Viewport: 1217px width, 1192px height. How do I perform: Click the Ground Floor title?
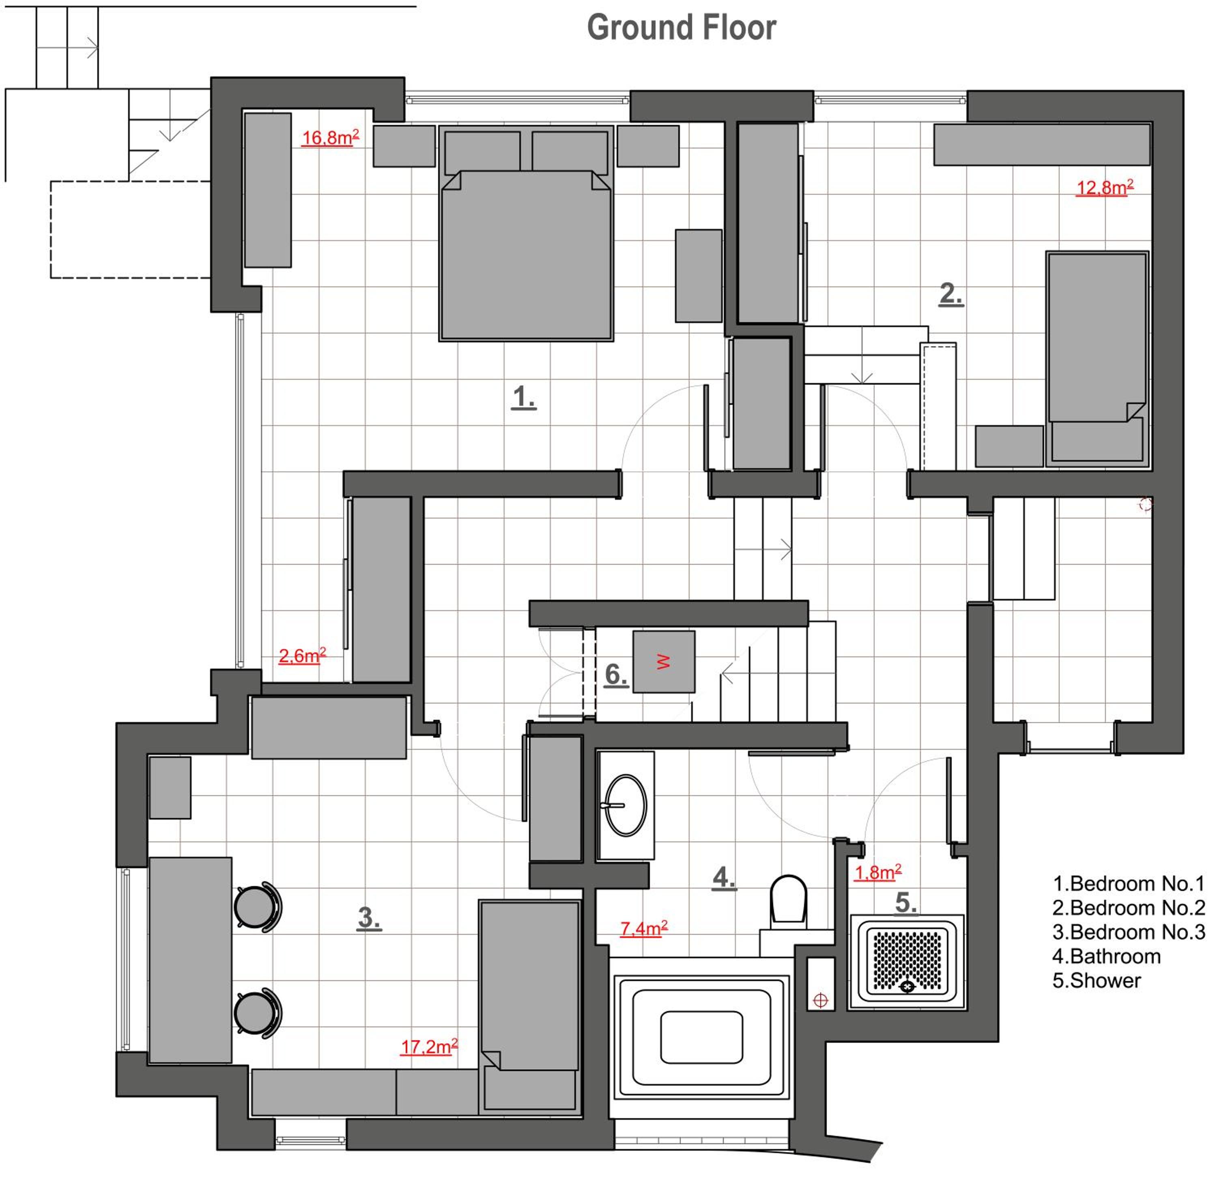681,28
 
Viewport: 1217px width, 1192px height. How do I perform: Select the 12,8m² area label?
1104,187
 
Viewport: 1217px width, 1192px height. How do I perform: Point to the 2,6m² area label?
302,656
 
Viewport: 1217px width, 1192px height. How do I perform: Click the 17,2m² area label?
429,1046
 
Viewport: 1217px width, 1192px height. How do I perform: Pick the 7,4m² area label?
643,928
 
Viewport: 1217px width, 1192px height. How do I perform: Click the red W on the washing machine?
663,661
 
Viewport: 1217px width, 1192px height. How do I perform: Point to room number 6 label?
615,675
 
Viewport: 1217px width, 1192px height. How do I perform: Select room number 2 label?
950,294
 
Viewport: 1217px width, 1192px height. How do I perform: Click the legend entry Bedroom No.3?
1129,932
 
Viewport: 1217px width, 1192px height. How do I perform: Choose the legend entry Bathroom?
1106,956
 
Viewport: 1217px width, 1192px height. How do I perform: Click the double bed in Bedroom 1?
526,234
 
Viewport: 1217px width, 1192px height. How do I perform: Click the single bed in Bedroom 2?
1097,359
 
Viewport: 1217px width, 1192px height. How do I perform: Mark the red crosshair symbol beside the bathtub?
821,1001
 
